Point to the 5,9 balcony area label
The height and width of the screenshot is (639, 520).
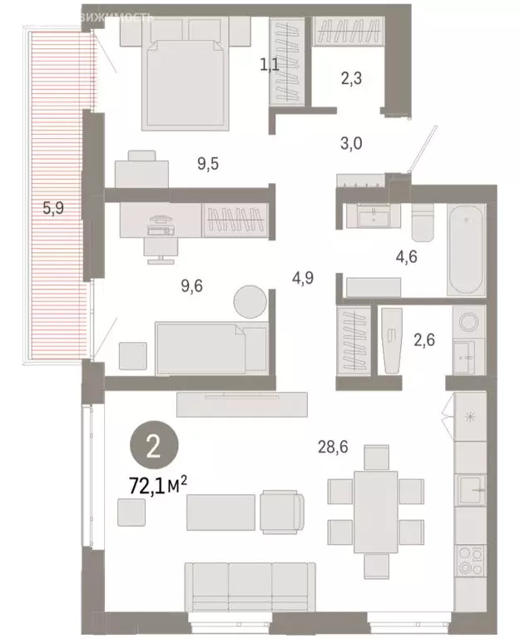pos(53,208)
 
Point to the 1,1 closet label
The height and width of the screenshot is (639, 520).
pos(270,63)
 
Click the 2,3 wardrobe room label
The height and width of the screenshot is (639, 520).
pos(351,82)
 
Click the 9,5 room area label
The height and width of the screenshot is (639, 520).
pos(206,163)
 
